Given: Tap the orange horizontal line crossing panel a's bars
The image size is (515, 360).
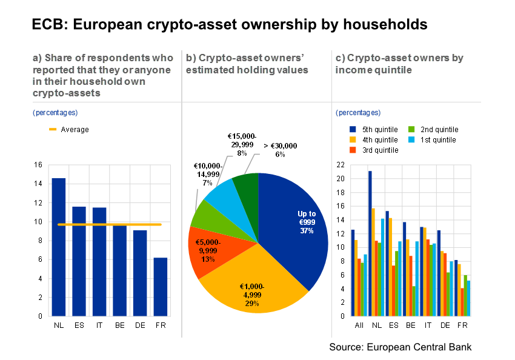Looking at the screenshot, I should point(109,224).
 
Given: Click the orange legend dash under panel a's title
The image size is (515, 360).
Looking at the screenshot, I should point(53,129).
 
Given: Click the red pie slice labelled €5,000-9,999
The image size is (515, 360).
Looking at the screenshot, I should point(209,250).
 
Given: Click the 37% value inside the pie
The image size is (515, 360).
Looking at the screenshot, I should point(307,231).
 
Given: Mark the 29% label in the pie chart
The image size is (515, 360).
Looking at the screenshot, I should point(251,303).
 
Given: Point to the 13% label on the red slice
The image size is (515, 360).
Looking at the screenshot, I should point(208,259).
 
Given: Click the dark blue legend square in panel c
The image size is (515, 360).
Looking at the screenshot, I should point(353,129).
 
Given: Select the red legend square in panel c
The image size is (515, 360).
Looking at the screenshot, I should point(353,150).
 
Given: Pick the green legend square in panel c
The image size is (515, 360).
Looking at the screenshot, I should point(411,129).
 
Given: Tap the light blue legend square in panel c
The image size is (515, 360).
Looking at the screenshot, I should point(411,139).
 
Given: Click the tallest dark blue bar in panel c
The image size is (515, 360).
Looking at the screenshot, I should point(370,242).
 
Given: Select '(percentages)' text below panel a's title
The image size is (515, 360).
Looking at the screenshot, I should point(55,113).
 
